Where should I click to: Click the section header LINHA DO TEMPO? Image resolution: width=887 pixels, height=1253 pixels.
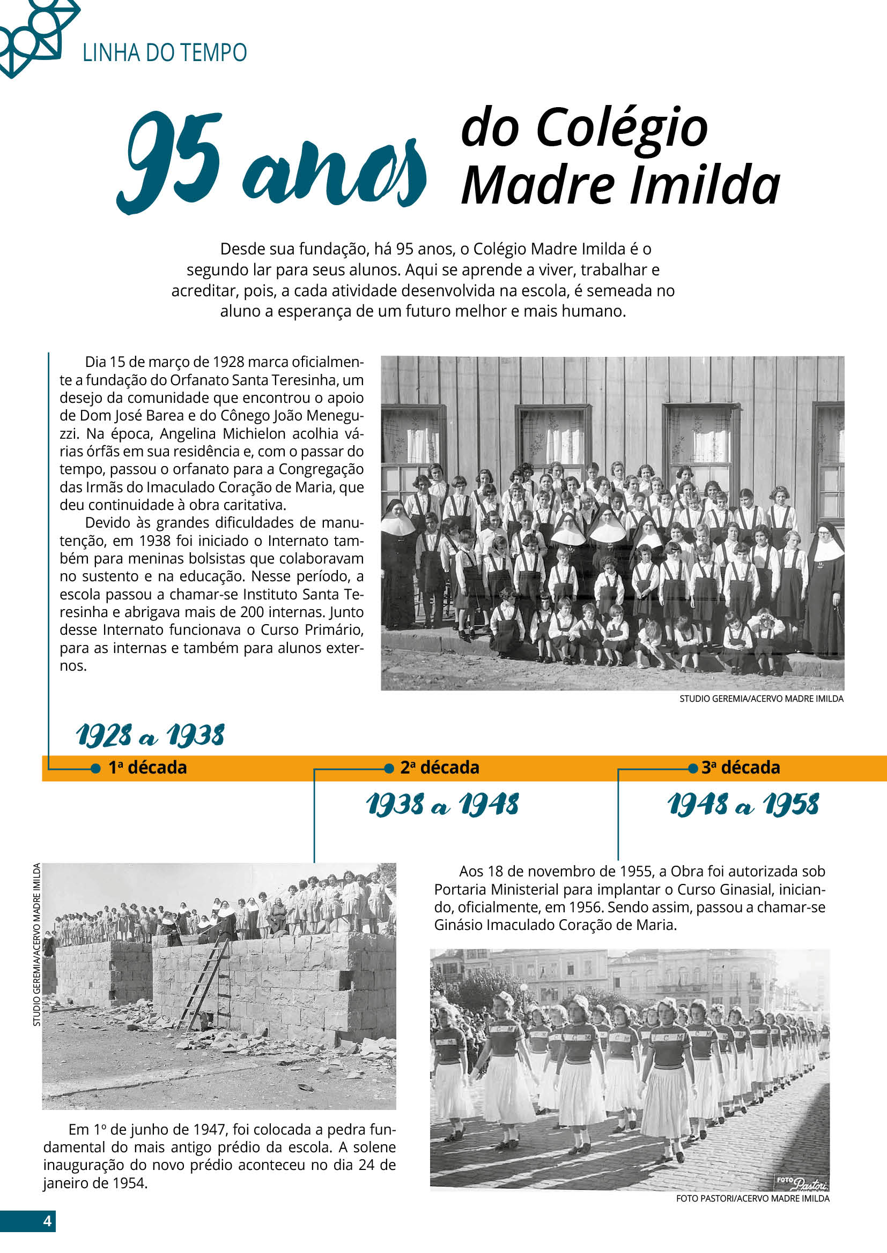pyautogui.click(x=165, y=53)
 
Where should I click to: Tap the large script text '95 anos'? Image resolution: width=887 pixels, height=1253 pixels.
pyautogui.click(x=271, y=162)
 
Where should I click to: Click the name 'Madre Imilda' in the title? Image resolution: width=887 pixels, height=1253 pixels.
pyautogui.click(x=620, y=185)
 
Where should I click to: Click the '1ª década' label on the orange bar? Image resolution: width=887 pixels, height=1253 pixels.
pyautogui.click(x=147, y=768)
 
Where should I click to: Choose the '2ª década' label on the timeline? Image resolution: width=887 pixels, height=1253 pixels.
pyautogui.click(x=440, y=768)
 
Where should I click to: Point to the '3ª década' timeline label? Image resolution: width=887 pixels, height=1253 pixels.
pyautogui.click(x=741, y=768)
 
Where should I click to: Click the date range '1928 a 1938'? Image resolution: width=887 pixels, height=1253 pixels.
pyautogui.click(x=150, y=736)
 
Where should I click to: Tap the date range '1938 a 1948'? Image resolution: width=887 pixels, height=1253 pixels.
pyautogui.click(x=442, y=805)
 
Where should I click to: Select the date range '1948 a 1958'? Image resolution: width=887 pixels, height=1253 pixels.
pyautogui.click(x=743, y=805)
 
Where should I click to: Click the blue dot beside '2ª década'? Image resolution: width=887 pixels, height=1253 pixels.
pyautogui.click(x=389, y=768)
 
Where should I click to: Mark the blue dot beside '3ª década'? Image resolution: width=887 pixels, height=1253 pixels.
pyautogui.click(x=692, y=768)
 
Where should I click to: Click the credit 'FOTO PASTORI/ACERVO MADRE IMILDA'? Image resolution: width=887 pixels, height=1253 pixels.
pyautogui.click(x=752, y=1198)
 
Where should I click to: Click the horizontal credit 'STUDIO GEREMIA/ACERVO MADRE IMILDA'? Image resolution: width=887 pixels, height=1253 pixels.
pyautogui.click(x=762, y=699)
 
